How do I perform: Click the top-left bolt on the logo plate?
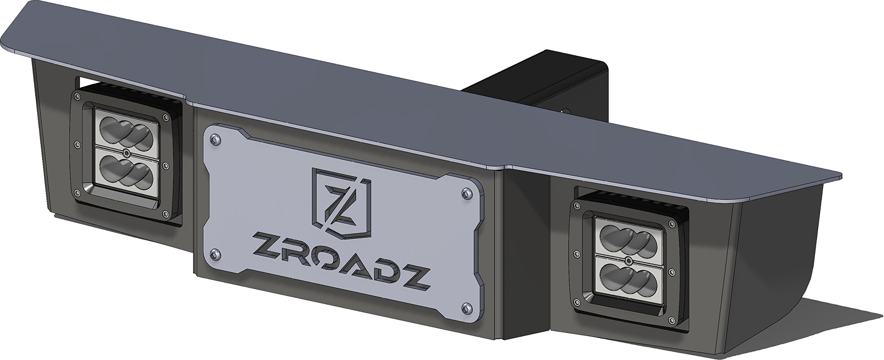(215, 139)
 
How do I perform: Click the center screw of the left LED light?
(127, 153)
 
